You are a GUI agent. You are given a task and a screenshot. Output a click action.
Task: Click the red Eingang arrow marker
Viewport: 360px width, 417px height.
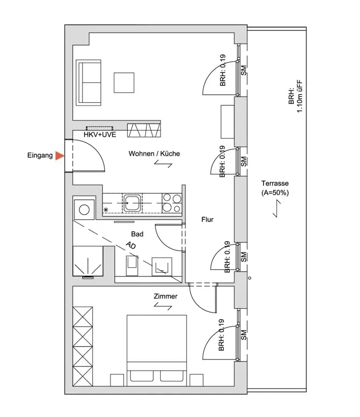tap(59, 156)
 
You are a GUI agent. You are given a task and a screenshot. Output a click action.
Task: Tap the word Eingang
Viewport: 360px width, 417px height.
tap(40, 155)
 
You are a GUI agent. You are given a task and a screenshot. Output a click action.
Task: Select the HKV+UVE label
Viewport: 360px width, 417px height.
tap(100, 135)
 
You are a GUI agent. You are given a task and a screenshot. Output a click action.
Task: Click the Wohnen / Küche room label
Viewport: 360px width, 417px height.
tap(154, 154)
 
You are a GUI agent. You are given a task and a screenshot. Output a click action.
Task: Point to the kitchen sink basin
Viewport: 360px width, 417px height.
tap(131, 203)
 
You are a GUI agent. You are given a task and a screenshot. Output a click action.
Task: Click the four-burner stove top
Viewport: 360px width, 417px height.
tap(172, 203)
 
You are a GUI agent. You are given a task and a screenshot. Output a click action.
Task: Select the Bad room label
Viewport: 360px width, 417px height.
tap(137, 234)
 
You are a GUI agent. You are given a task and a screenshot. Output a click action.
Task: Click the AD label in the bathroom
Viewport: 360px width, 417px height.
tap(130, 245)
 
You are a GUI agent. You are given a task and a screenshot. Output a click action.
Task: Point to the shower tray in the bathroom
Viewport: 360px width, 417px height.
tap(88, 261)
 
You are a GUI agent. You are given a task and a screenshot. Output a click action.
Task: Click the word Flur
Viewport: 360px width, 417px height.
tap(207, 219)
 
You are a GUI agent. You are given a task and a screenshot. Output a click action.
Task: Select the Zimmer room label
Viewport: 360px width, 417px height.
tap(165, 296)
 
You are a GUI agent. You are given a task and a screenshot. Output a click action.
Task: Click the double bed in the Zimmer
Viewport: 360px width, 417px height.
tap(157, 350)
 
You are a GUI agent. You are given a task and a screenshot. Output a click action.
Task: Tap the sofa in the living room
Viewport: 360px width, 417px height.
tap(88, 83)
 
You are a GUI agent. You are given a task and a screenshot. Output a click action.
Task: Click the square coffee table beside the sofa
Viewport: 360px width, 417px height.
tap(124, 83)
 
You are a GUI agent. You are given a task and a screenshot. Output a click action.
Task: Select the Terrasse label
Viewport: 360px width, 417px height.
tap(275, 183)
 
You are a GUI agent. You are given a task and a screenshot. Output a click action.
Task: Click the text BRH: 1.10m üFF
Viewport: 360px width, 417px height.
tap(296, 96)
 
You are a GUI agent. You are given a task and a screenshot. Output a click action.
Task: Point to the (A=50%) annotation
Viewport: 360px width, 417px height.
tap(275, 192)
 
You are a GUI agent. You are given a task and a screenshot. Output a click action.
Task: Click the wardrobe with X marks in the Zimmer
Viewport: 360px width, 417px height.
tap(83, 346)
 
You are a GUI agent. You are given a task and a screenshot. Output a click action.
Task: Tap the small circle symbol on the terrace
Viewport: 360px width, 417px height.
tap(250, 278)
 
